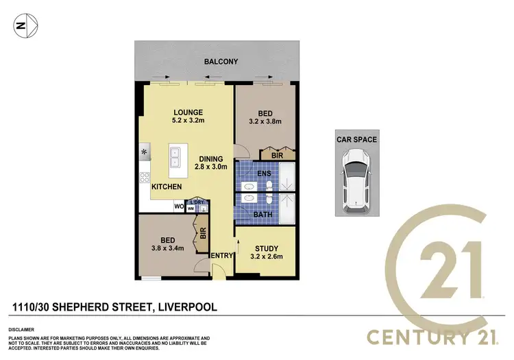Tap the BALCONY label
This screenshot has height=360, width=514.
click(221, 62)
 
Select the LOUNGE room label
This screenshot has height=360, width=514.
click(187, 112)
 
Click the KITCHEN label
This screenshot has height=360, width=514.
click(167, 187)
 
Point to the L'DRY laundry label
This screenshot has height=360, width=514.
click(198, 202)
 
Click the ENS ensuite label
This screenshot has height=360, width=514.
click(265, 174)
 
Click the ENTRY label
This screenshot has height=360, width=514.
click(221, 255)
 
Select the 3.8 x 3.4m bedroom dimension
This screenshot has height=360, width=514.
click(167, 249)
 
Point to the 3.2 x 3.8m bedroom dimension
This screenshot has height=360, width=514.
click(265, 123)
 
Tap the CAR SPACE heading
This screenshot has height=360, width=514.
click(356, 139)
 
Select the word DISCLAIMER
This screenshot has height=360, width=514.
click(23, 330)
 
